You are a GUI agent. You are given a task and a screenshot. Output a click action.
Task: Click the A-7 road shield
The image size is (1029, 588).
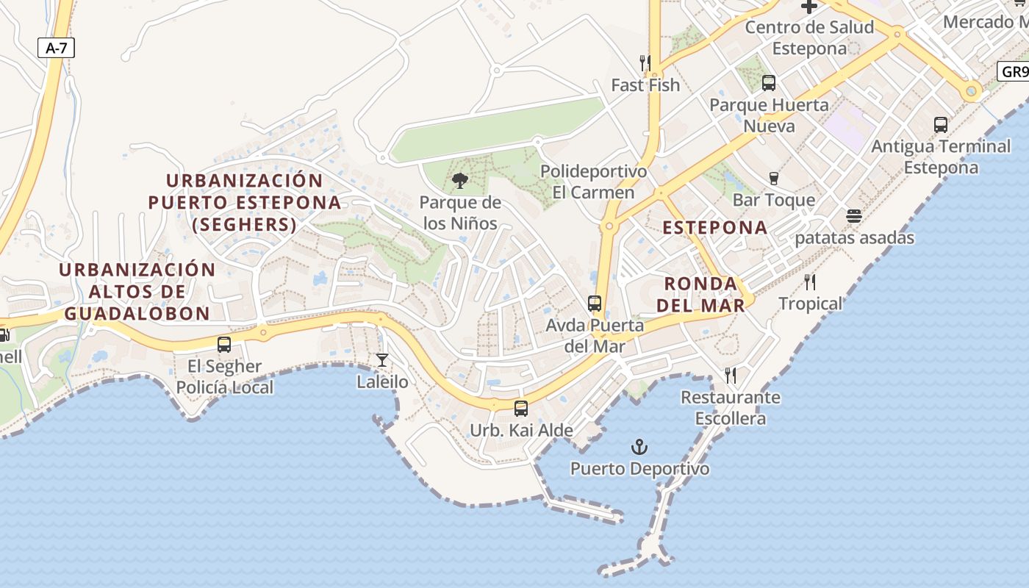click(56, 49)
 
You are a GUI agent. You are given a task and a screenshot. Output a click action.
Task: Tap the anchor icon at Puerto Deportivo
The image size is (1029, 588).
click(639, 446)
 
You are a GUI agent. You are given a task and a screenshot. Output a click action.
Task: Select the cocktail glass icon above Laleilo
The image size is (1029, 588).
click(382, 359)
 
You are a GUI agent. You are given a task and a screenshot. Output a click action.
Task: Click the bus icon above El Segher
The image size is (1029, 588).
click(224, 344)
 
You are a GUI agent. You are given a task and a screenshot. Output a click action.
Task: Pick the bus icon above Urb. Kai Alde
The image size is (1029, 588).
click(521, 408)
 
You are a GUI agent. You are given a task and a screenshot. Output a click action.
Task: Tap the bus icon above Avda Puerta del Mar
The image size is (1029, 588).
click(595, 303)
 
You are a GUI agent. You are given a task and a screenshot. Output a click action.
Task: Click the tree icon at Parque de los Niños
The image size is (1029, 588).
click(460, 180)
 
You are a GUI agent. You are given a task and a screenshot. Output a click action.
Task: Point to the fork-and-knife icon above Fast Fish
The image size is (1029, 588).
click(645, 63)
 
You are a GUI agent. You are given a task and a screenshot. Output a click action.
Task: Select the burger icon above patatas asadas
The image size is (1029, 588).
click(853, 216)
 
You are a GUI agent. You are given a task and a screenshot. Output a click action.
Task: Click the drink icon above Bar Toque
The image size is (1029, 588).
click(773, 178)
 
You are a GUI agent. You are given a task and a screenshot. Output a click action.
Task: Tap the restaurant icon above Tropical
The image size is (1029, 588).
click(810, 282)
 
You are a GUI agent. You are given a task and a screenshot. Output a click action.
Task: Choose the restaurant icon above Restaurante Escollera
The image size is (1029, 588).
click(731, 376)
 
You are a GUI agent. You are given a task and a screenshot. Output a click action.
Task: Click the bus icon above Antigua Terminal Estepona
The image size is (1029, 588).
click(941, 124)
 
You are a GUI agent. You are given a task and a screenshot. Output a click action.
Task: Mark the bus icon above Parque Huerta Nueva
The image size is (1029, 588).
click(769, 83)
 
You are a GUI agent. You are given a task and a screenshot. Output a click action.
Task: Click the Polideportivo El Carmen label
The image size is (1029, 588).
click(594, 182)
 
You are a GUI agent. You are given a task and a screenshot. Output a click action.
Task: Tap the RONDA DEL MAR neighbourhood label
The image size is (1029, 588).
click(700, 294)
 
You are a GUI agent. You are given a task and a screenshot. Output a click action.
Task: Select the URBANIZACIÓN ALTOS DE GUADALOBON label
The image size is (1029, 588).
click(137, 291)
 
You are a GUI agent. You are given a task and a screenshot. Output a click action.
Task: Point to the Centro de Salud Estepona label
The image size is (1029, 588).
click(809, 37)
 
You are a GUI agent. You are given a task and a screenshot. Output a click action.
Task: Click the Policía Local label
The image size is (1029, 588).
click(225, 387)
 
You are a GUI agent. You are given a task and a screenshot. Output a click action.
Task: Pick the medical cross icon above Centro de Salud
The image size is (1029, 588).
click(809, 7)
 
